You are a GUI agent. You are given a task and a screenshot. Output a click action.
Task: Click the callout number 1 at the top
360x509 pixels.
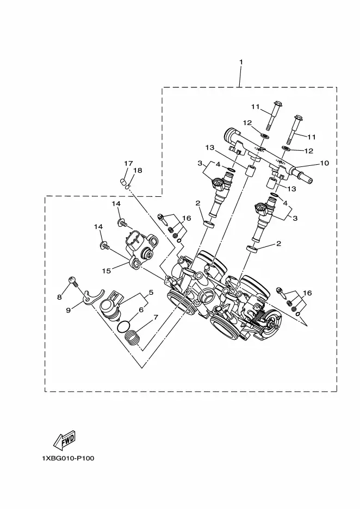coord(241,61)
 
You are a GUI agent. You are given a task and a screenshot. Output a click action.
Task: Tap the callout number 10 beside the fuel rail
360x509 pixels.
coord(324,163)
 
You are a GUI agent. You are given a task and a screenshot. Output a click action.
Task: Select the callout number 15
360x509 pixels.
coord(107,270)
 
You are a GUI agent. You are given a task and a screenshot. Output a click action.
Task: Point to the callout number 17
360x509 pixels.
coord(128,163)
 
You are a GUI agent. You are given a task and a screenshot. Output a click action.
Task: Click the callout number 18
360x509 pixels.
coord(138,170)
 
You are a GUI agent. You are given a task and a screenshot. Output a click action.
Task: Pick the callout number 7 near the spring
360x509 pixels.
coord(156,317)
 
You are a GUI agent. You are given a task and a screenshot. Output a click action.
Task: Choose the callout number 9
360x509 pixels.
coord(68,311)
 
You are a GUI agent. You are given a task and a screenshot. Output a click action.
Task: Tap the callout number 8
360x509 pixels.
coord(59,297)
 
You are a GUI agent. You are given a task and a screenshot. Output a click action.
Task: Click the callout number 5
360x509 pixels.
coord(151,292)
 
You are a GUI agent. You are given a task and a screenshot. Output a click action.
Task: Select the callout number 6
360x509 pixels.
coord(141,309)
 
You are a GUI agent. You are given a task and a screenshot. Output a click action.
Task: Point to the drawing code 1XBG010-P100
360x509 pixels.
coord(68,458)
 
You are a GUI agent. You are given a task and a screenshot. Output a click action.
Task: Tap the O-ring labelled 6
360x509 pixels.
coord(123,327)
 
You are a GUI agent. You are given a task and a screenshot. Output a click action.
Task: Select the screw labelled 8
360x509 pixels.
coord(73,281)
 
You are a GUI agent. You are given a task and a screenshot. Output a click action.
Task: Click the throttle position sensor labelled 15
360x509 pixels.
coord(141,249)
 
